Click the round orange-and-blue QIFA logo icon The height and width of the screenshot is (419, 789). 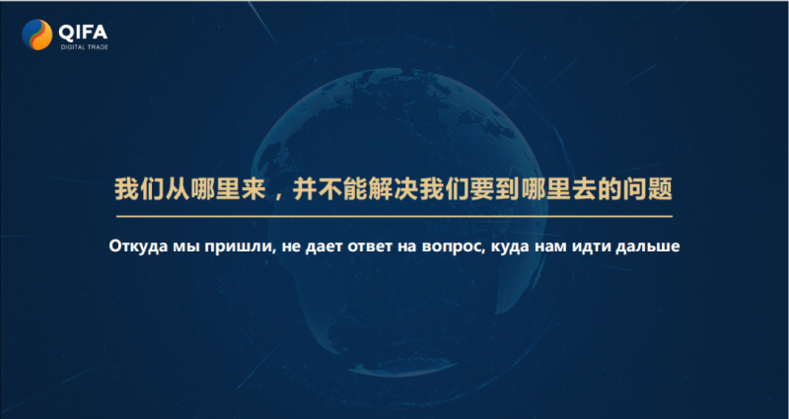[37, 35]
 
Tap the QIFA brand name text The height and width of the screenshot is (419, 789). [83, 33]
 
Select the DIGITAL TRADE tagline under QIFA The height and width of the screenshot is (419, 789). [84, 47]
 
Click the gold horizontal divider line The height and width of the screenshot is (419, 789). [394, 216]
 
